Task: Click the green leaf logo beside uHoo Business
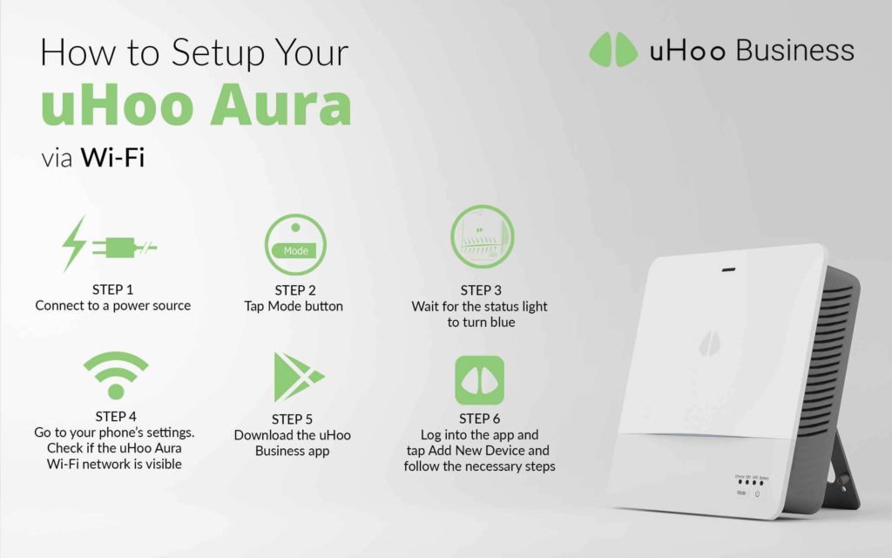click(x=613, y=50)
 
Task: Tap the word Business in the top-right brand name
click(x=794, y=51)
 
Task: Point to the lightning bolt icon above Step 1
click(x=74, y=243)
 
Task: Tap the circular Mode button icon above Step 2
click(x=295, y=245)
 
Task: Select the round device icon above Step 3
click(x=482, y=236)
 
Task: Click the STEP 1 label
click(x=112, y=289)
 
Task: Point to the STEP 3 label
click(x=481, y=289)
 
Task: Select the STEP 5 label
click(x=292, y=419)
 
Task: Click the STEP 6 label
click(x=480, y=418)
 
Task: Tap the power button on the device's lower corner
click(x=758, y=493)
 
